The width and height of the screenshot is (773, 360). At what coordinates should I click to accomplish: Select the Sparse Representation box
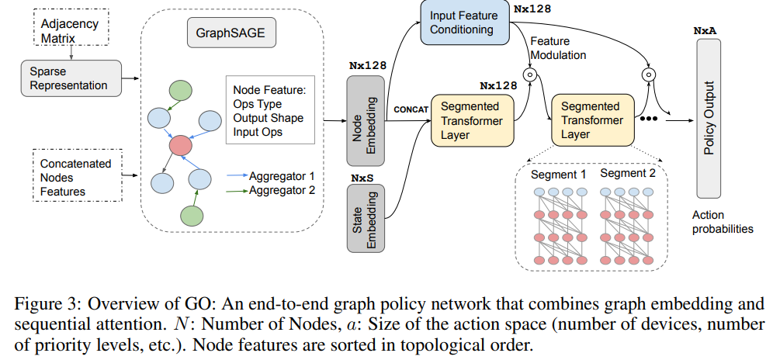(x=71, y=78)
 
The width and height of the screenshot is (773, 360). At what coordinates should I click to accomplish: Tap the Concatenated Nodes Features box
(x=77, y=175)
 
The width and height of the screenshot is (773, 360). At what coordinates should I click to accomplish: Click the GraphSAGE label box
(x=231, y=34)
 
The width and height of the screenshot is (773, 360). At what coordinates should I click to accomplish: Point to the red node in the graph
(x=180, y=144)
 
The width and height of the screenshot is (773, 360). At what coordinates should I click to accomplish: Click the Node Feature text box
(x=269, y=109)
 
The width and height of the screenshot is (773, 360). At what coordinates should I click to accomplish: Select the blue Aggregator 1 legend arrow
(x=237, y=175)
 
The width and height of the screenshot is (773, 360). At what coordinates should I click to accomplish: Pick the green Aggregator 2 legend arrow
(x=237, y=190)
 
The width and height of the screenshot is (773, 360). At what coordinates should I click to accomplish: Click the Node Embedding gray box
(x=366, y=120)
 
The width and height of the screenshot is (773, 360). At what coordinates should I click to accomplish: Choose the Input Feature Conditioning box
(x=464, y=22)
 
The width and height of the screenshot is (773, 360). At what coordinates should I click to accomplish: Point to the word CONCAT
(x=411, y=110)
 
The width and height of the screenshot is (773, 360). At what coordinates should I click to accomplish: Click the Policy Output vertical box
(x=709, y=119)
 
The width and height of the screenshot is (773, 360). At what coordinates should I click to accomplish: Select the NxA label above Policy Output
(x=705, y=30)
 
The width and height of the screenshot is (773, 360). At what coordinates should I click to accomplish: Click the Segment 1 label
(x=559, y=175)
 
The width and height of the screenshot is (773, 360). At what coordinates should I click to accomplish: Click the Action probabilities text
(x=723, y=222)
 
